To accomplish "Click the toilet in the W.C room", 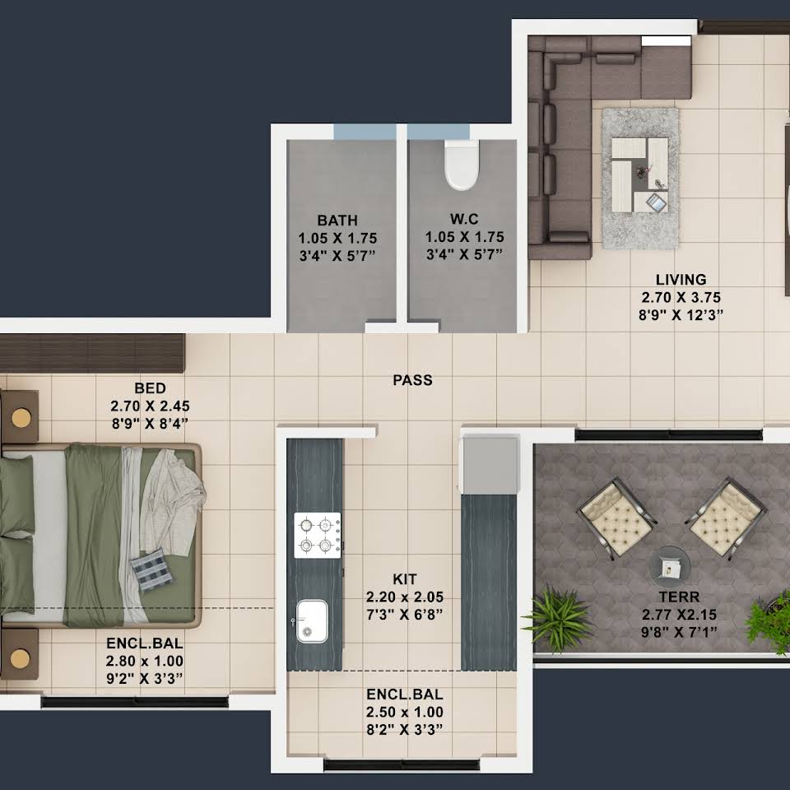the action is pos(461,165).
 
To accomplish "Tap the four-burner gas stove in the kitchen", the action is pos(318,535).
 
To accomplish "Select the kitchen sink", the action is pos(311,621).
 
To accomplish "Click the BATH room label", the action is pos(337,221).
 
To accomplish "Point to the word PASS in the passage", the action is pos(412,380).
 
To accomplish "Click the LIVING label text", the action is pos(681,280).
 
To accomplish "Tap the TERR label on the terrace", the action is pos(679,597).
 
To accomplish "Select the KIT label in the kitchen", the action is pos(405,579).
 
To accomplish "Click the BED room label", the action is pos(150,388).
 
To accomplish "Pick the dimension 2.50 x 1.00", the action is pos(405,712).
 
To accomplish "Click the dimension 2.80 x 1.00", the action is pos(145,661).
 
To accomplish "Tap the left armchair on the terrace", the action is pos(616,517).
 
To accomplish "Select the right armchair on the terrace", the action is pos(726,517).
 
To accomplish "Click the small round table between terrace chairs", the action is pos(669,566).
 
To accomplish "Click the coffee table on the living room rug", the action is pos(640,174).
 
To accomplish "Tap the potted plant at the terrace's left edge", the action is pos(558,617).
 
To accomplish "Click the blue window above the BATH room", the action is pos(365,132).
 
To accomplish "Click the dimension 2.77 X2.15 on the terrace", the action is pos(679,615).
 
